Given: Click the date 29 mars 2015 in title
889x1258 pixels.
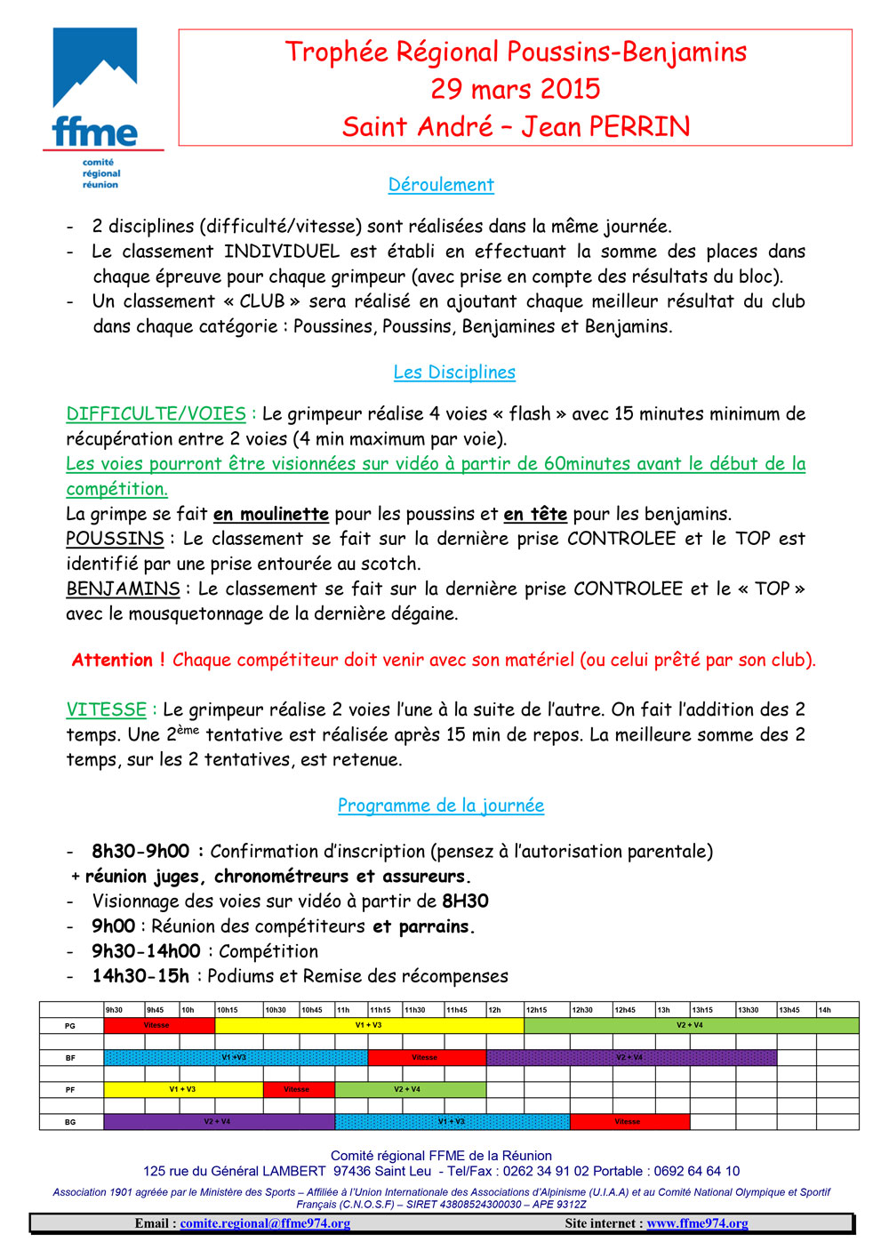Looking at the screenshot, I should tap(516, 89).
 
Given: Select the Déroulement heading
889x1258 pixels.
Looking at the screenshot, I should tap(441, 185).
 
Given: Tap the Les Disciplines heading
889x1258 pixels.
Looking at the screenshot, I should tap(454, 373).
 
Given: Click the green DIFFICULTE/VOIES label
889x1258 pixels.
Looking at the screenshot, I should tap(156, 414).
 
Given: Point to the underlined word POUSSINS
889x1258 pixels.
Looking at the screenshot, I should tap(115, 539).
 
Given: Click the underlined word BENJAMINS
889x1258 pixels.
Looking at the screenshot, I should tap(123, 589).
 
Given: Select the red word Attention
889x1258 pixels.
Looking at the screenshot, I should tap(112, 660).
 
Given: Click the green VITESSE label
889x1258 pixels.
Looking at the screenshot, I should tap(106, 709).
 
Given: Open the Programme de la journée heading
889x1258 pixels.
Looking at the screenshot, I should tap(441, 805).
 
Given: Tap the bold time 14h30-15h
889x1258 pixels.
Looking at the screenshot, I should tap(140, 976).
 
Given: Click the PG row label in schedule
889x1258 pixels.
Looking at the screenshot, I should tap(70, 1026).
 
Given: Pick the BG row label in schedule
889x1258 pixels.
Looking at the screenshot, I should tap(70, 1122).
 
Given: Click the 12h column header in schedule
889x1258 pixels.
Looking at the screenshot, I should tap(495, 1010).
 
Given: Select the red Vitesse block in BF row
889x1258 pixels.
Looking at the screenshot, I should tap(426, 1058).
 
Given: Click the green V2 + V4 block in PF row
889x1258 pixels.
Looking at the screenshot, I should tap(409, 1090).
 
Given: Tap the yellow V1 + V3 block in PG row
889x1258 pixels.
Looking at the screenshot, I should tap(369, 1026).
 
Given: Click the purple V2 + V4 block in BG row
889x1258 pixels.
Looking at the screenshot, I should tap(219, 1122).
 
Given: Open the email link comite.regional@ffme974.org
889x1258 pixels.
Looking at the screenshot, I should tap(265, 1223).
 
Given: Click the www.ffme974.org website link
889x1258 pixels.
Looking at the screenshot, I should tap(697, 1223).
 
